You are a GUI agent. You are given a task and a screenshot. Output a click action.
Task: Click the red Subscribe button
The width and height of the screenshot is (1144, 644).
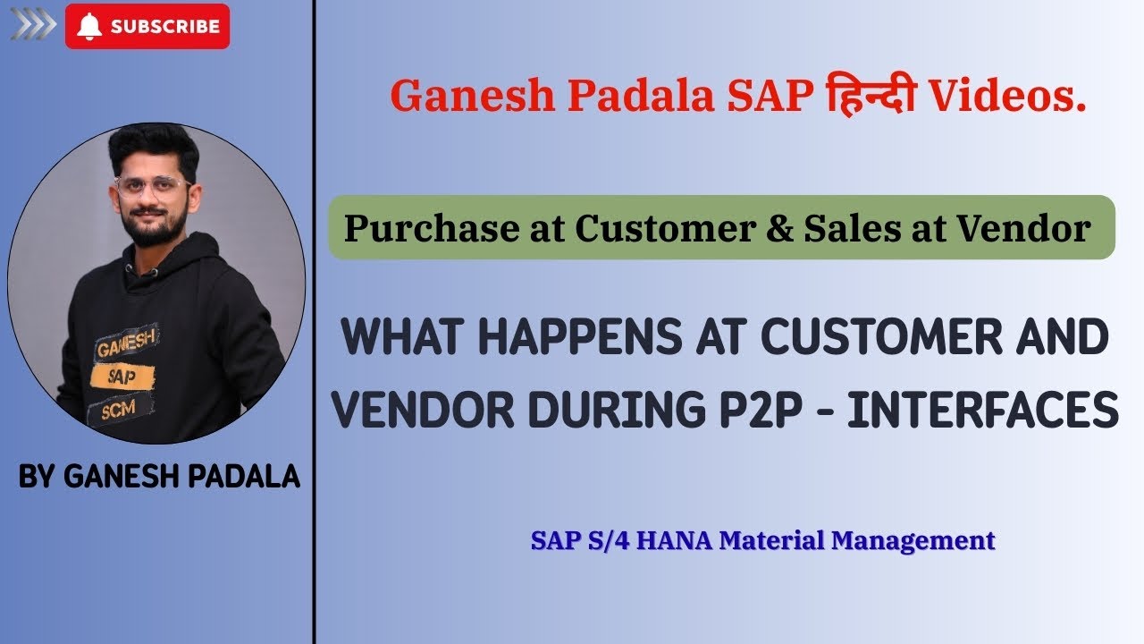click(147, 27)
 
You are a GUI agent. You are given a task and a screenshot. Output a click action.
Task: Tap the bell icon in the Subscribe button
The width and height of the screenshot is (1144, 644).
click(88, 27)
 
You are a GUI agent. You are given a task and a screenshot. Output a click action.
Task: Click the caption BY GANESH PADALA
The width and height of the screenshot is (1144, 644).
click(159, 477)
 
